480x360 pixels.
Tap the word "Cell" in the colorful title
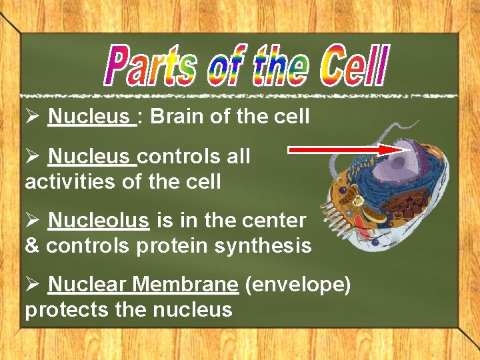click(353, 65)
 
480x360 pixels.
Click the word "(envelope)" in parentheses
click(298, 285)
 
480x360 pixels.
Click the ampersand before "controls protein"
click(32, 246)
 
